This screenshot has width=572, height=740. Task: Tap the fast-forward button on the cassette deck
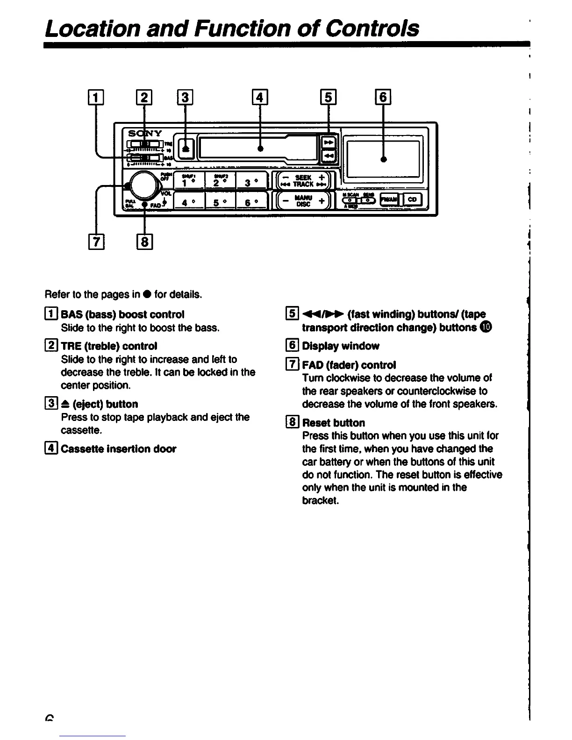tap(328, 141)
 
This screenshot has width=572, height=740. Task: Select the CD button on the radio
tap(412, 199)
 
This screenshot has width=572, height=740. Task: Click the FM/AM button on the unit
tap(389, 199)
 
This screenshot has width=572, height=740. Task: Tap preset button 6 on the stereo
tap(251, 202)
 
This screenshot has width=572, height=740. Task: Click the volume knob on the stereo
tap(143, 185)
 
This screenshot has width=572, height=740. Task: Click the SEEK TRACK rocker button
tap(303, 181)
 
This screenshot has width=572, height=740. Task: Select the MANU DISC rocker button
tap(303, 201)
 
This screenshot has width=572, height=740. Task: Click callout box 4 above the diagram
tap(260, 97)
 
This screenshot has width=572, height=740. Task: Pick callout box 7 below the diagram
tap(96, 242)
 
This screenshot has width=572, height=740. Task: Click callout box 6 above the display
tap(383, 97)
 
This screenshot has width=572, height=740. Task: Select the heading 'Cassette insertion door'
tap(118, 449)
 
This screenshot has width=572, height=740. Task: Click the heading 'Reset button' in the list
tap(333, 423)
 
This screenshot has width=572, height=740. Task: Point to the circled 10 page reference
tap(486, 327)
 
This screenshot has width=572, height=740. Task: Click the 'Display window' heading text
tap(340, 346)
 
